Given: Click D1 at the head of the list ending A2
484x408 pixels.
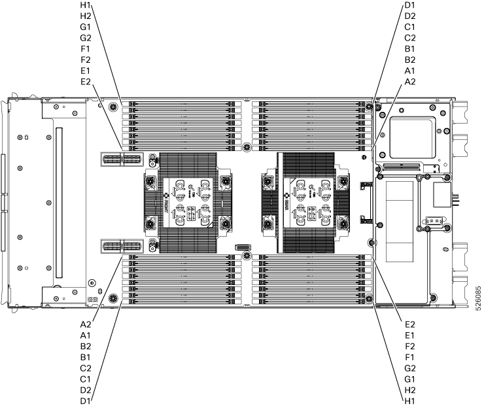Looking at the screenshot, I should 410,7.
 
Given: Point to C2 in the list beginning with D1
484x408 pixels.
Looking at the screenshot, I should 410,39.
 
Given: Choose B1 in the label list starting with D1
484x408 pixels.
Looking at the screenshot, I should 410,49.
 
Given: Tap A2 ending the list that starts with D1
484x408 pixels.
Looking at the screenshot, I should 410,81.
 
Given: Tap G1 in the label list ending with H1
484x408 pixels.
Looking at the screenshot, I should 410,378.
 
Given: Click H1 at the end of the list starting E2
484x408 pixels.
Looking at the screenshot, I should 410,399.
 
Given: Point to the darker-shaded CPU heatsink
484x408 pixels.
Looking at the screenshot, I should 305,203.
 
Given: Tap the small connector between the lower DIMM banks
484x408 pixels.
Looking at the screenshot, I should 243,247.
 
